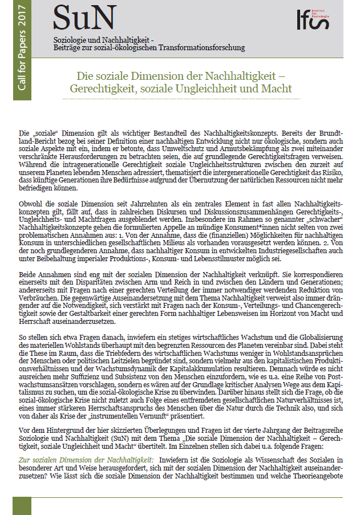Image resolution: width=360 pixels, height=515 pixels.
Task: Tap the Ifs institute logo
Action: coord(322,22)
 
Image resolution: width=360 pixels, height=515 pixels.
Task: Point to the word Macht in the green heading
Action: coord(277,89)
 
